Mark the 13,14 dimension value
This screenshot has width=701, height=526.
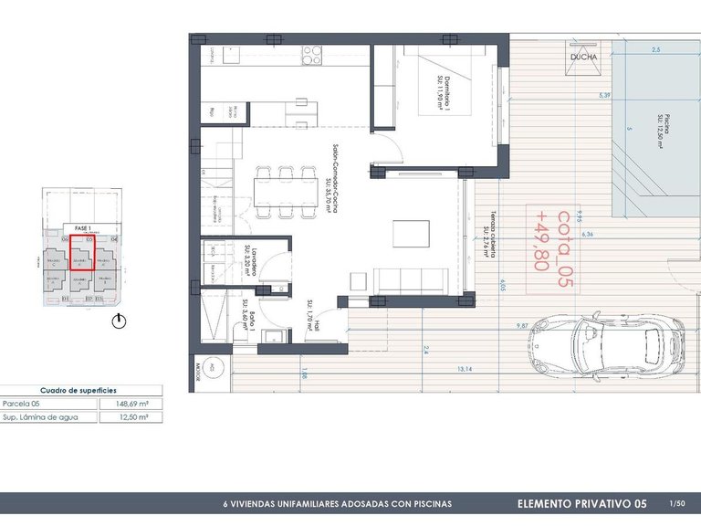pyautogui.click(x=466, y=370)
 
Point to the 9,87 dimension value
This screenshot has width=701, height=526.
pyautogui.click(x=522, y=325)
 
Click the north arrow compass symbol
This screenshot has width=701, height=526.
pyautogui.click(x=118, y=321)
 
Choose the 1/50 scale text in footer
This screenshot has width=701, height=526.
pyautogui.click(x=676, y=503)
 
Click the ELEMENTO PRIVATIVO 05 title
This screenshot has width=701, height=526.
pyautogui.click(x=581, y=503)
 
